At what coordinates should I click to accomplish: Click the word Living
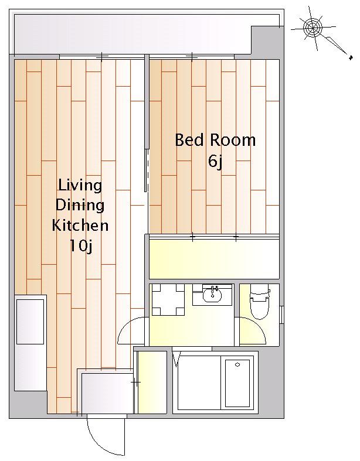coord(80,186)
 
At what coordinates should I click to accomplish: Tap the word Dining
coord(80,205)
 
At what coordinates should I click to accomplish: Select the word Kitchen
coord(80,226)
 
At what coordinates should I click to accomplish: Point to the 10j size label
coord(81,246)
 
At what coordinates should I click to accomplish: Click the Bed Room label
coord(215,140)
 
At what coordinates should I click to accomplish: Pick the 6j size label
coord(215,161)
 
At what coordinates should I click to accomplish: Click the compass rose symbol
coord(313,28)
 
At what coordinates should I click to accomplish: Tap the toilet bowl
coord(260,303)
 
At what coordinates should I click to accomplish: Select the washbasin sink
coord(212,295)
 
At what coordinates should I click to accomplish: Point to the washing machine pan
coord(168,299)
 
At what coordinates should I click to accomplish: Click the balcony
coord(133,35)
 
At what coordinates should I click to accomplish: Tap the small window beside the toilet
coord(281,315)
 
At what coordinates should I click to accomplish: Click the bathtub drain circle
coord(237,365)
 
